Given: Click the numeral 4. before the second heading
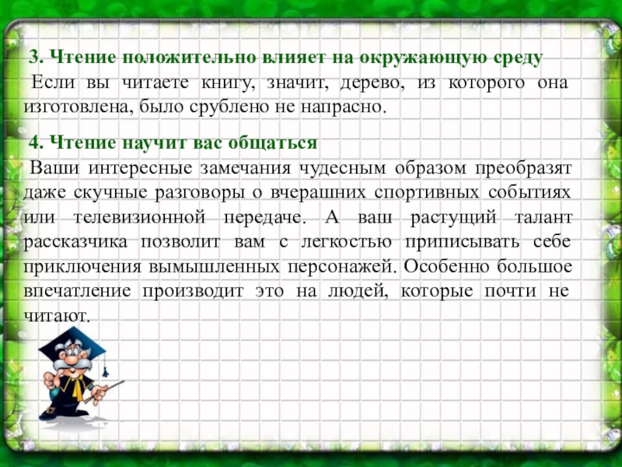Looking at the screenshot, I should pos(37,144).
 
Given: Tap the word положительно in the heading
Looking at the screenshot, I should pos(166,59).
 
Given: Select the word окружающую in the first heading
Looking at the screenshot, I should pos(418,59).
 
